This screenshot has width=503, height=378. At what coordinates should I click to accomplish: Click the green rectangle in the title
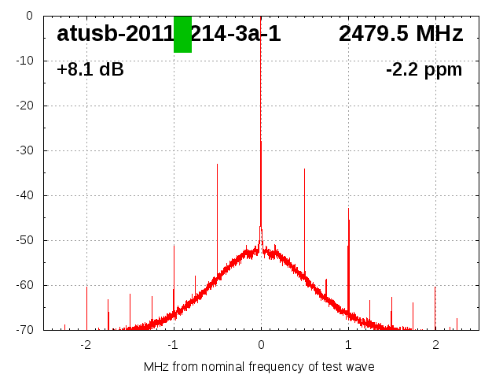click(182, 35)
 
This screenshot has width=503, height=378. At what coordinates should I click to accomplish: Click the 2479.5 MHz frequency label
click(401, 34)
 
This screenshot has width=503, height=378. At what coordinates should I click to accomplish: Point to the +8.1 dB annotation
click(90, 69)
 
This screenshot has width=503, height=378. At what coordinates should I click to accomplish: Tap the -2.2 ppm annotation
click(424, 69)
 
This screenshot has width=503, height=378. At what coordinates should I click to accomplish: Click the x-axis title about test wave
click(259, 367)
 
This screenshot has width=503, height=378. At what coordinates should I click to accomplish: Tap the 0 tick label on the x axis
click(261, 344)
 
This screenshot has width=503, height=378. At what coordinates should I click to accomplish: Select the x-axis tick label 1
click(348, 344)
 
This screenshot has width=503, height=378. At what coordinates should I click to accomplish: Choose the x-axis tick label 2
click(435, 344)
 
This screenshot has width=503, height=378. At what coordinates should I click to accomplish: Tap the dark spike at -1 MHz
click(174, 268)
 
